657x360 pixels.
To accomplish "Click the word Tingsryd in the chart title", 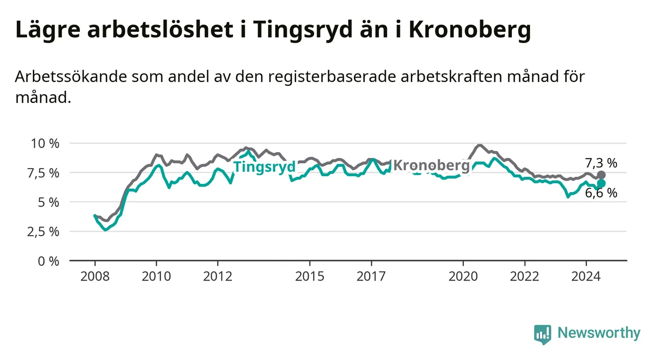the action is [x=303, y=30].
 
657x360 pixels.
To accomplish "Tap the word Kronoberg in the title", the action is [x=470, y=30].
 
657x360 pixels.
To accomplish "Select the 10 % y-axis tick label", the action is [x=45, y=144].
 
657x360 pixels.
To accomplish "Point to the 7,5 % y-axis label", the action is [x=44, y=173].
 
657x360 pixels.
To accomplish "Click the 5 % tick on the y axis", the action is [x=49, y=202].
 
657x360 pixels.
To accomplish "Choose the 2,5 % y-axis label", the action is [x=44, y=232].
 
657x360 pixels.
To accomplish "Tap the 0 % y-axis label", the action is [x=49, y=261].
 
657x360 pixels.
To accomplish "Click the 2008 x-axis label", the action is [x=95, y=277].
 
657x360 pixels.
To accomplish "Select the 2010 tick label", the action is [x=156, y=277].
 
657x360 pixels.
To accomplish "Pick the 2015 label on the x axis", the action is [x=310, y=277].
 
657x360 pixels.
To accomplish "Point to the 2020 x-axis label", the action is [x=463, y=277].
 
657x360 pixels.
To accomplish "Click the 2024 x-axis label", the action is [x=586, y=277].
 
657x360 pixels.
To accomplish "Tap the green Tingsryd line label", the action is [x=264, y=167].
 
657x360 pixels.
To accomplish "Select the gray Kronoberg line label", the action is [x=431, y=165].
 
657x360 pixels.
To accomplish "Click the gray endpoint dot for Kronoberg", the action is [x=601, y=175].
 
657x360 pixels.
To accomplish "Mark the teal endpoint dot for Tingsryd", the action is [x=601, y=183].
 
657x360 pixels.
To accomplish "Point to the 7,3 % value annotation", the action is [x=601, y=163].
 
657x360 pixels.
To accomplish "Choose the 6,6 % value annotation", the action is [x=601, y=193].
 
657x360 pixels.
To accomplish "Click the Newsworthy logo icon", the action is [x=543, y=334].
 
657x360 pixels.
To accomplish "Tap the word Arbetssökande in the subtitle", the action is [x=71, y=77].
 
